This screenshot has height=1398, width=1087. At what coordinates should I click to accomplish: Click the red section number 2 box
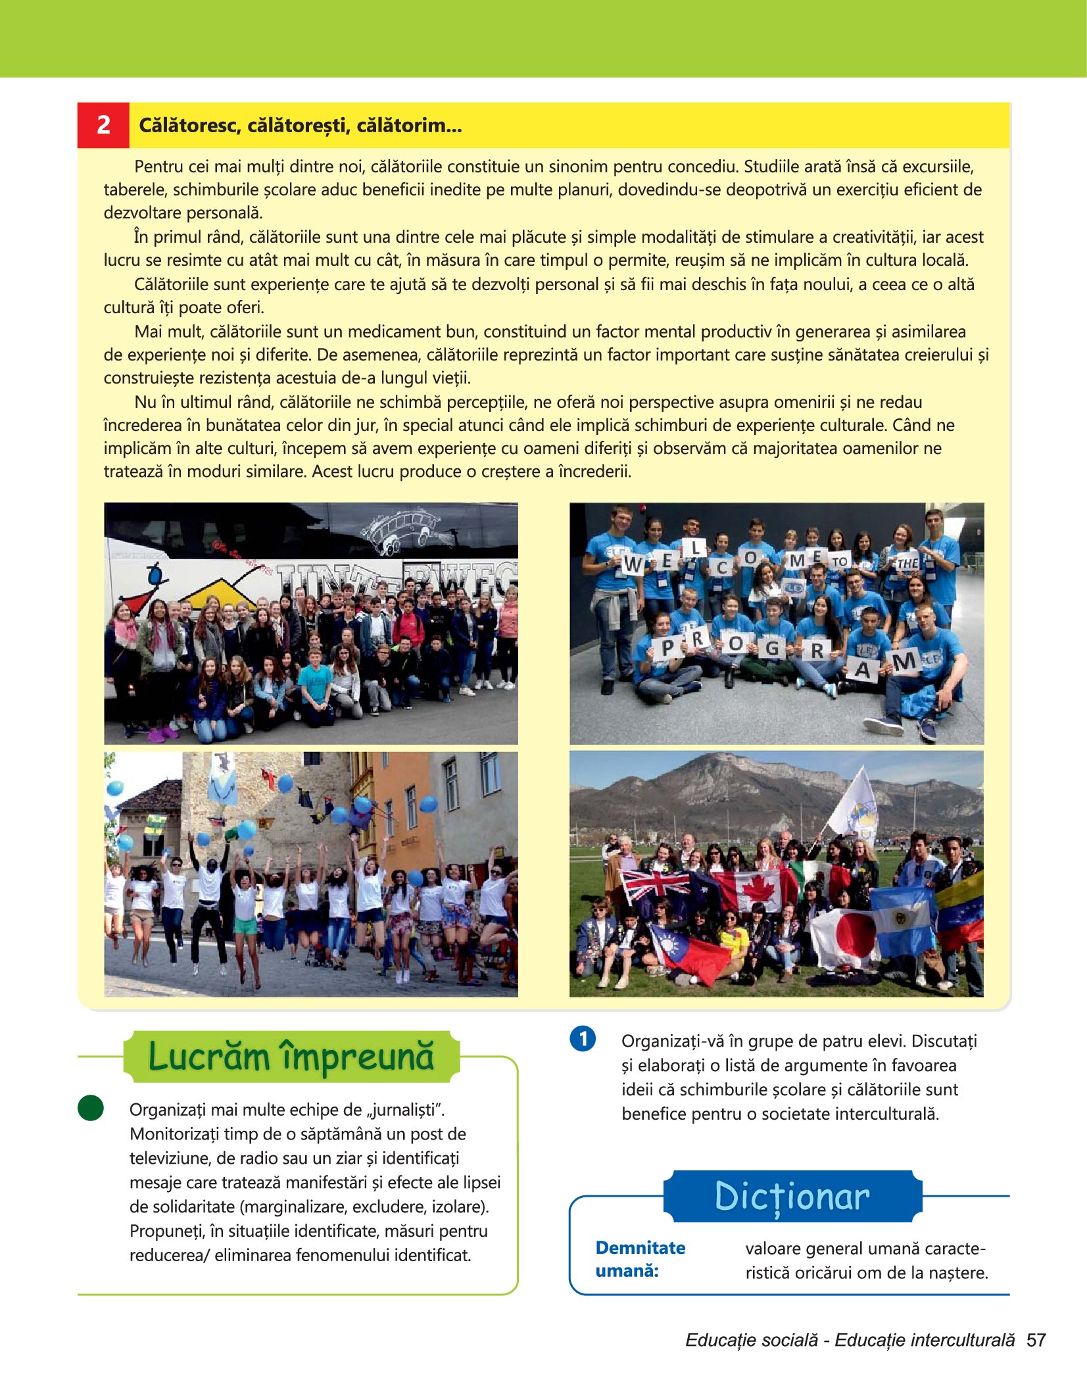103,125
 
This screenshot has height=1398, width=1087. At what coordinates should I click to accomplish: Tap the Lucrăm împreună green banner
291,1057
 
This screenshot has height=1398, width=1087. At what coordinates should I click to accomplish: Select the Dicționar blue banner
792,1196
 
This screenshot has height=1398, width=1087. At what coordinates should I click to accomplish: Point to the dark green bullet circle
91,1108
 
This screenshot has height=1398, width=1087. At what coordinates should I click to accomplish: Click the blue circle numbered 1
583,1039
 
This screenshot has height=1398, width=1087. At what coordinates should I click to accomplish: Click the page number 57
1036,1340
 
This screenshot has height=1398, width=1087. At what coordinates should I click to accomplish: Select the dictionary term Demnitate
640,1248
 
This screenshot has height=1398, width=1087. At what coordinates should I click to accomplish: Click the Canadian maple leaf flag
756,889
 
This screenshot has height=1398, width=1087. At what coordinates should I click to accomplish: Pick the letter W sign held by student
633,564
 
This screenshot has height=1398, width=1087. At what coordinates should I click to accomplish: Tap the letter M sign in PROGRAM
905,661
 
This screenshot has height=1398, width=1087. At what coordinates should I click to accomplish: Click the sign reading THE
907,562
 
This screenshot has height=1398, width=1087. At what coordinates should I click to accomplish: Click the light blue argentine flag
902,920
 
